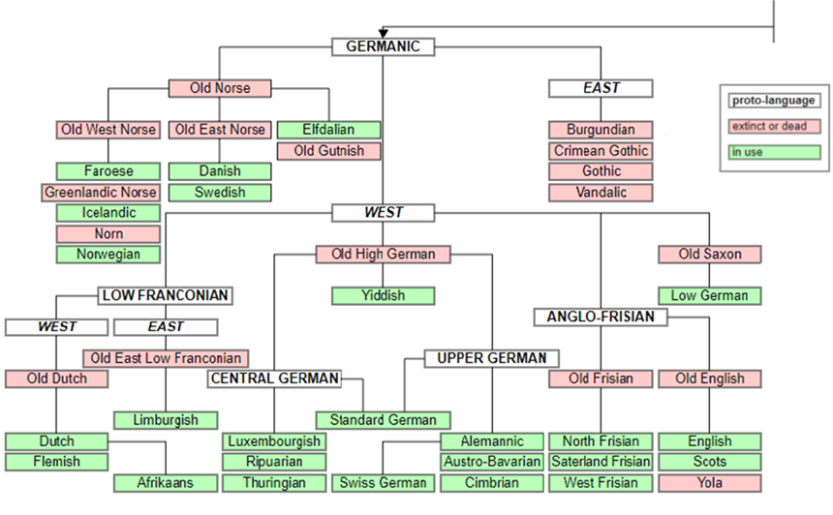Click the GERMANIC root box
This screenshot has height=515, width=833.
click(x=383, y=46)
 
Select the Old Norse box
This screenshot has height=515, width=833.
click(x=220, y=88)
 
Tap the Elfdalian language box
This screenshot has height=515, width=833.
click(x=328, y=130)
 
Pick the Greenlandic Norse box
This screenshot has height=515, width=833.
click(x=100, y=192)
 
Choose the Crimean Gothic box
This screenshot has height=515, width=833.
click(x=601, y=151)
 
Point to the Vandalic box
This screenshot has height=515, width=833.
click(x=601, y=192)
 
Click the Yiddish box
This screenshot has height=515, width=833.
click(x=383, y=295)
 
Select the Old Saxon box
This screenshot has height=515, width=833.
click(x=709, y=254)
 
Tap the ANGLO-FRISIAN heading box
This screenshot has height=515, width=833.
click(x=600, y=317)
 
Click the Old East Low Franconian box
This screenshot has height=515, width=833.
click(x=165, y=358)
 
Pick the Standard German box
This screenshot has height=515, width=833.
click(x=383, y=420)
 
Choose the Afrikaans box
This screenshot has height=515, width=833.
click(x=165, y=482)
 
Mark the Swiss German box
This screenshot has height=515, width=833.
click(x=383, y=482)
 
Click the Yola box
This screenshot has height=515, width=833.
click(x=709, y=482)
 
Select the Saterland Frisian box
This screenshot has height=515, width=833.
click(x=601, y=462)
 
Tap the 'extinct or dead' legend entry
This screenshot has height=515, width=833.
click(x=774, y=126)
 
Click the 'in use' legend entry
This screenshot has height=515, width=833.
click(x=774, y=152)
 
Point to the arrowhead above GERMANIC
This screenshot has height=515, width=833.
click(x=384, y=33)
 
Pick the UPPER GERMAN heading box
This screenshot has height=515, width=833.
click(x=491, y=358)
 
